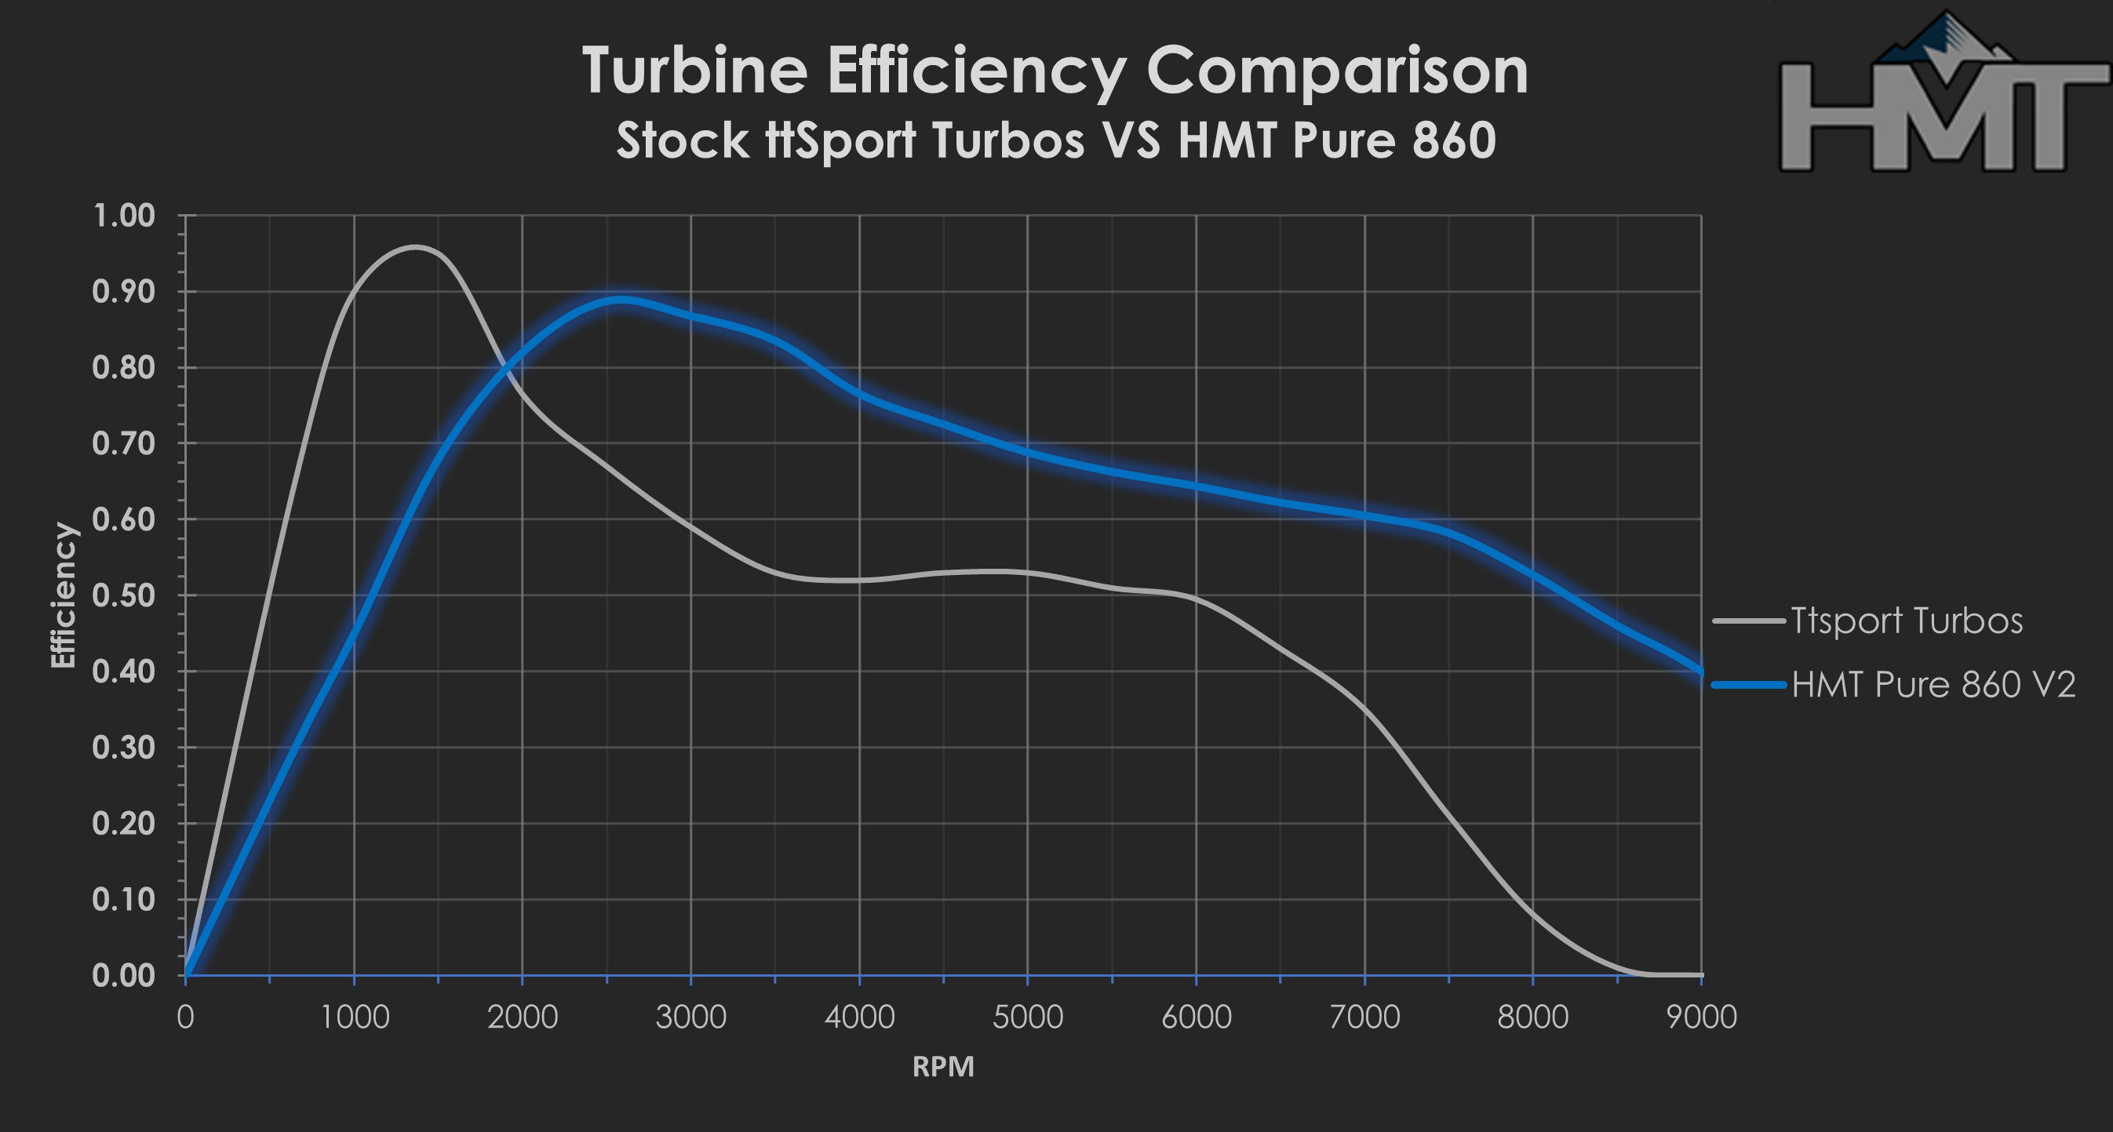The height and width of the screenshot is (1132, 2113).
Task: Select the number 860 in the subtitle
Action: (x=1453, y=140)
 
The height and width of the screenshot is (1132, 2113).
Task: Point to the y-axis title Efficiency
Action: (x=63, y=595)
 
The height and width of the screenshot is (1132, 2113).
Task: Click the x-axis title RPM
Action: (x=943, y=1066)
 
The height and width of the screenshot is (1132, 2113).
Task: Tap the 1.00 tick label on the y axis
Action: (x=124, y=216)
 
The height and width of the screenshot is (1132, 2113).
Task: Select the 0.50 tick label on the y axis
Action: (x=124, y=595)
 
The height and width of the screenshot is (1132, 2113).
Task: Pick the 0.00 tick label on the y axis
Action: (x=124, y=975)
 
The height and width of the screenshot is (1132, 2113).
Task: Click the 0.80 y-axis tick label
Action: (x=124, y=367)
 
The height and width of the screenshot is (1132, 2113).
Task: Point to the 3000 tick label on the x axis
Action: (x=690, y=1018)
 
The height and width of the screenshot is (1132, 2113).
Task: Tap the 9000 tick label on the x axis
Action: (x=1701, y=1018)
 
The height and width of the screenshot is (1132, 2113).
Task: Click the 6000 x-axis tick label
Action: (x=1196, y=1018)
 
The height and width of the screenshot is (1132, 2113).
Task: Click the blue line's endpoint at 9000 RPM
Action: (x=1700, y=672)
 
